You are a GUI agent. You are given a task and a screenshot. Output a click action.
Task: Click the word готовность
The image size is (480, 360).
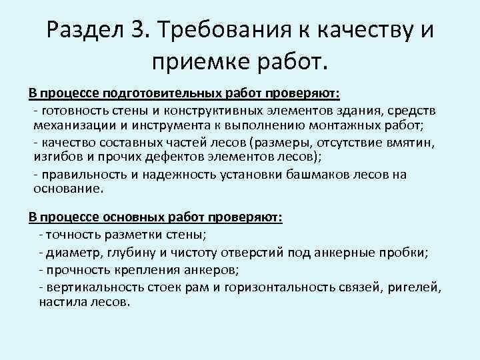(70, 110)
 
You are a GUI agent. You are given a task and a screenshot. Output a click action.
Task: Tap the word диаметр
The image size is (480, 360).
(73, 253)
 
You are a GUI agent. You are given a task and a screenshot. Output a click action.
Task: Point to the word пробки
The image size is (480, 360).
(405, 253)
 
